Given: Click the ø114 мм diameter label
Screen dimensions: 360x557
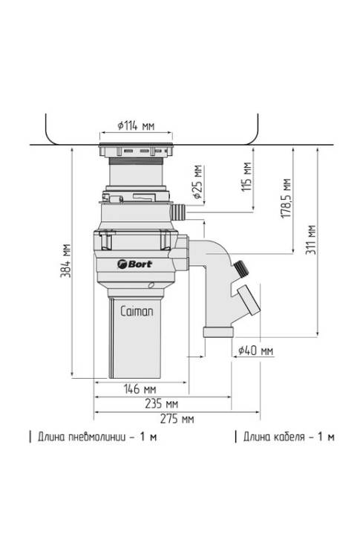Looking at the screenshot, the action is point(136,126).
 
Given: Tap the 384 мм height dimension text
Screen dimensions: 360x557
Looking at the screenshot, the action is point(65,261).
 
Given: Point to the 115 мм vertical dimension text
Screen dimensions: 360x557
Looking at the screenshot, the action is point(246,177).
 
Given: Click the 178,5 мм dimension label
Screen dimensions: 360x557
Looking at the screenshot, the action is point(287,198).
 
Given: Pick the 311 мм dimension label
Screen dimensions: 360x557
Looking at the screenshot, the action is point(311,239).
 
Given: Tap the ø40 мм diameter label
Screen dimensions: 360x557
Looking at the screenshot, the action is point(255,351).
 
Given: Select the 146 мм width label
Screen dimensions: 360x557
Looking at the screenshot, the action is point(140,388).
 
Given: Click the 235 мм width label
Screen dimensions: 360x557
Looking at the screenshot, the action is point(161,403).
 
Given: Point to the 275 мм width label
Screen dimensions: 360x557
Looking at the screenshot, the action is point(177,419).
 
